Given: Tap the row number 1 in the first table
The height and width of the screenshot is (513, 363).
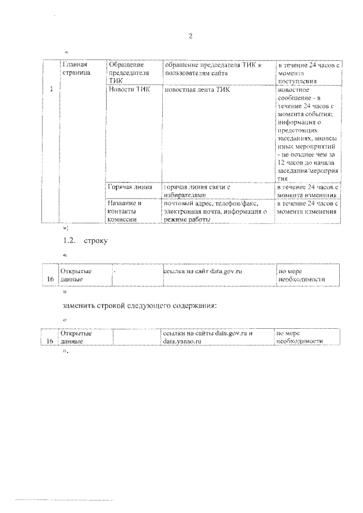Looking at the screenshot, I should [x=52, y=89].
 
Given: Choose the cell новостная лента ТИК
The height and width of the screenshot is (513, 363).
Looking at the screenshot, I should [x=198, y=90].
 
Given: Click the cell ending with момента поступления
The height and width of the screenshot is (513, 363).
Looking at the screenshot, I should [x=308, y=73].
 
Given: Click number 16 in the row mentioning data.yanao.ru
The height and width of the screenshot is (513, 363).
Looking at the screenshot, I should [x=50, y=342].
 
